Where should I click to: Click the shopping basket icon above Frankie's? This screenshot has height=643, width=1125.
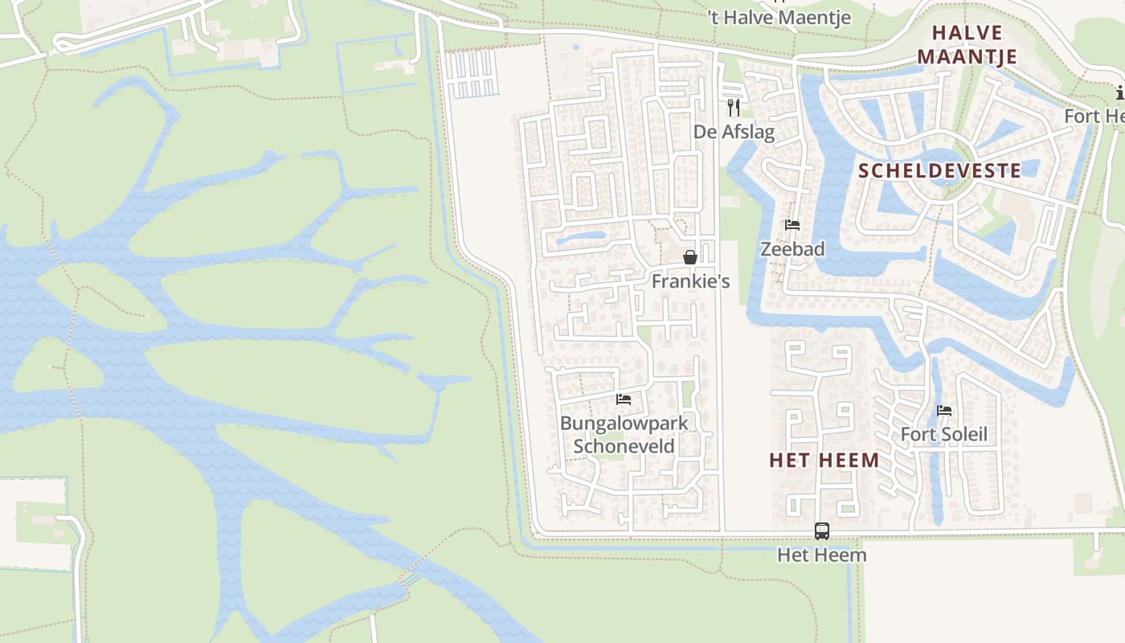coord(689,257)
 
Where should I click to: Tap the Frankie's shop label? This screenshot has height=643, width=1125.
coord(690,281)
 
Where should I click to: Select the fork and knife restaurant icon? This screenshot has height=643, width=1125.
coord(733,107)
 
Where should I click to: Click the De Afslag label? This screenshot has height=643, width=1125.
coord(734,132)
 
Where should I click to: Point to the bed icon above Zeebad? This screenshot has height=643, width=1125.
coord(792,225)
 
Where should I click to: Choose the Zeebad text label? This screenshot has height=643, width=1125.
coord(792,249)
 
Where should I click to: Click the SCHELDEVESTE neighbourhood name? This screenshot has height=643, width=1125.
coord(940,170)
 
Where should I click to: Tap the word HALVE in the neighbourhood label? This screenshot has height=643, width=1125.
coord(967,33)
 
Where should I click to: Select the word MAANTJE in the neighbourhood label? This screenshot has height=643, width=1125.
coord(967,56)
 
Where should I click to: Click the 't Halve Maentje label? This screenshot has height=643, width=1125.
coord(779,17)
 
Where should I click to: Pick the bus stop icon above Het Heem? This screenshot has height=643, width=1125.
coord(821,530)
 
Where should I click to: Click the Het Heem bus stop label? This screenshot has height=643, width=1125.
coord(821,555)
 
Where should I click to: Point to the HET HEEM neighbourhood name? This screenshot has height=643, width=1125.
coord(824,461)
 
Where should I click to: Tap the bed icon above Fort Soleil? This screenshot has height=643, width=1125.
coord(944,411)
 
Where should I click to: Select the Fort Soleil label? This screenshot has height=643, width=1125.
coord(943,435)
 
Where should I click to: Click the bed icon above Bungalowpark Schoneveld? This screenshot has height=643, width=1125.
coord(624,399)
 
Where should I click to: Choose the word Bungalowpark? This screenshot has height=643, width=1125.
coord(624,423)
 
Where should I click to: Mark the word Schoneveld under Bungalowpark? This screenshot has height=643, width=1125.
coord(624,446)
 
